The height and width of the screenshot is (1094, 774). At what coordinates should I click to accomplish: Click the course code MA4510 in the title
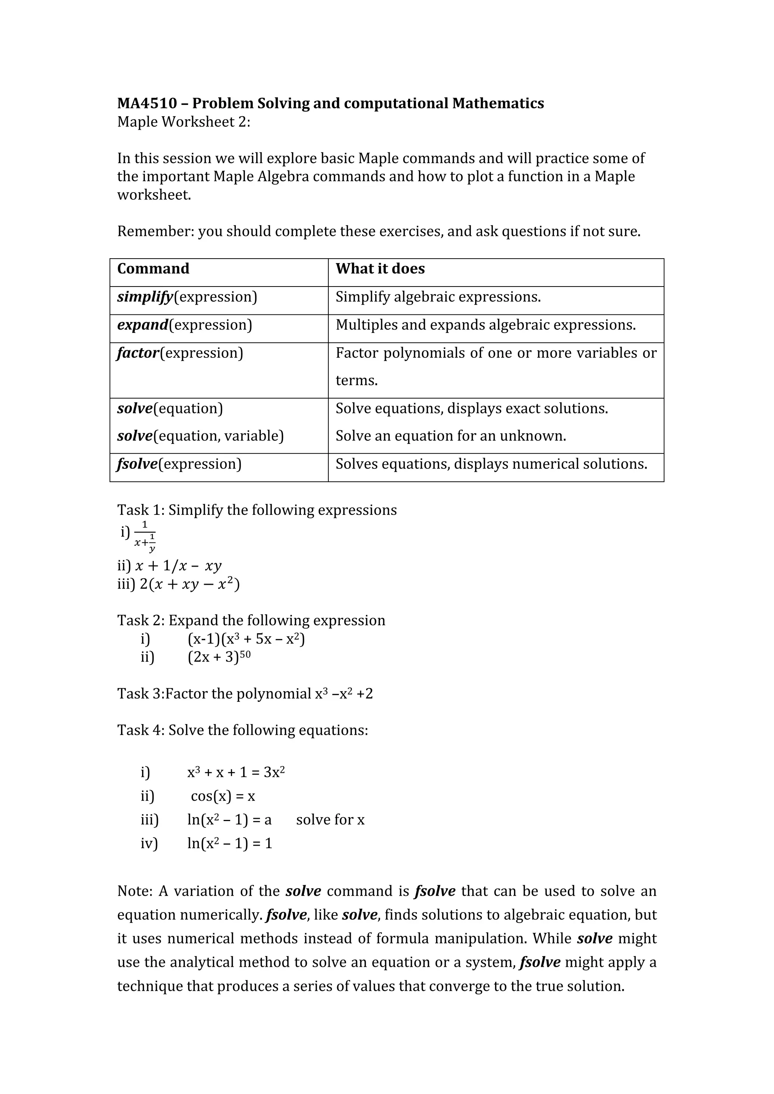click(147, 103)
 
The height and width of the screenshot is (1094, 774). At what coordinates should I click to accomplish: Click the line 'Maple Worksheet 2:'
click(184, 122)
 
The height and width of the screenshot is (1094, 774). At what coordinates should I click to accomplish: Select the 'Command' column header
click(153, 269)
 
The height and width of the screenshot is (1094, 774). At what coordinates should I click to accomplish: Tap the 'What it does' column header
click(380, 269)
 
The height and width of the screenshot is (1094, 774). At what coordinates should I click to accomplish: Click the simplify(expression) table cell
click(187, 297)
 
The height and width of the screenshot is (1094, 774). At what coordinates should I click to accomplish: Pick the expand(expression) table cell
click(184, 325)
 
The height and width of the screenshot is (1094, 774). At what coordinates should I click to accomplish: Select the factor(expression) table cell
click(180, 353)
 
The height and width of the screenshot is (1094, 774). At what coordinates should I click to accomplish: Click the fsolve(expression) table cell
click(179, 464)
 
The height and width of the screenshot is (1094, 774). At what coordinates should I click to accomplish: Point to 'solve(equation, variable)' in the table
click(200, 436)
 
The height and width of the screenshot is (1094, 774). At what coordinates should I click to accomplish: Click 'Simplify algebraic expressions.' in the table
click(438, 297)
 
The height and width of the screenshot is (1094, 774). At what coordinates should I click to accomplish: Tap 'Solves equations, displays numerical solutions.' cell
click(491, 464)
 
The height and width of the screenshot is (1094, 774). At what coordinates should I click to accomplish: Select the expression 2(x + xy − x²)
click(190, 584)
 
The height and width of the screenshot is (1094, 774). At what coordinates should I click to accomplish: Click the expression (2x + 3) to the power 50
click(219, 658)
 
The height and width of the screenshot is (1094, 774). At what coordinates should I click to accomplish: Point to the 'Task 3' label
click(139, 694)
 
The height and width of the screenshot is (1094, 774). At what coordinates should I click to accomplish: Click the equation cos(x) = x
click(223, 796)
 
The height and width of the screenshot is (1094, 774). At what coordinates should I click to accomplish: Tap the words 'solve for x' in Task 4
click(330, 820)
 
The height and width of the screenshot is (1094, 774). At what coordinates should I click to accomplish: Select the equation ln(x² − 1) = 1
click(229, 844)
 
